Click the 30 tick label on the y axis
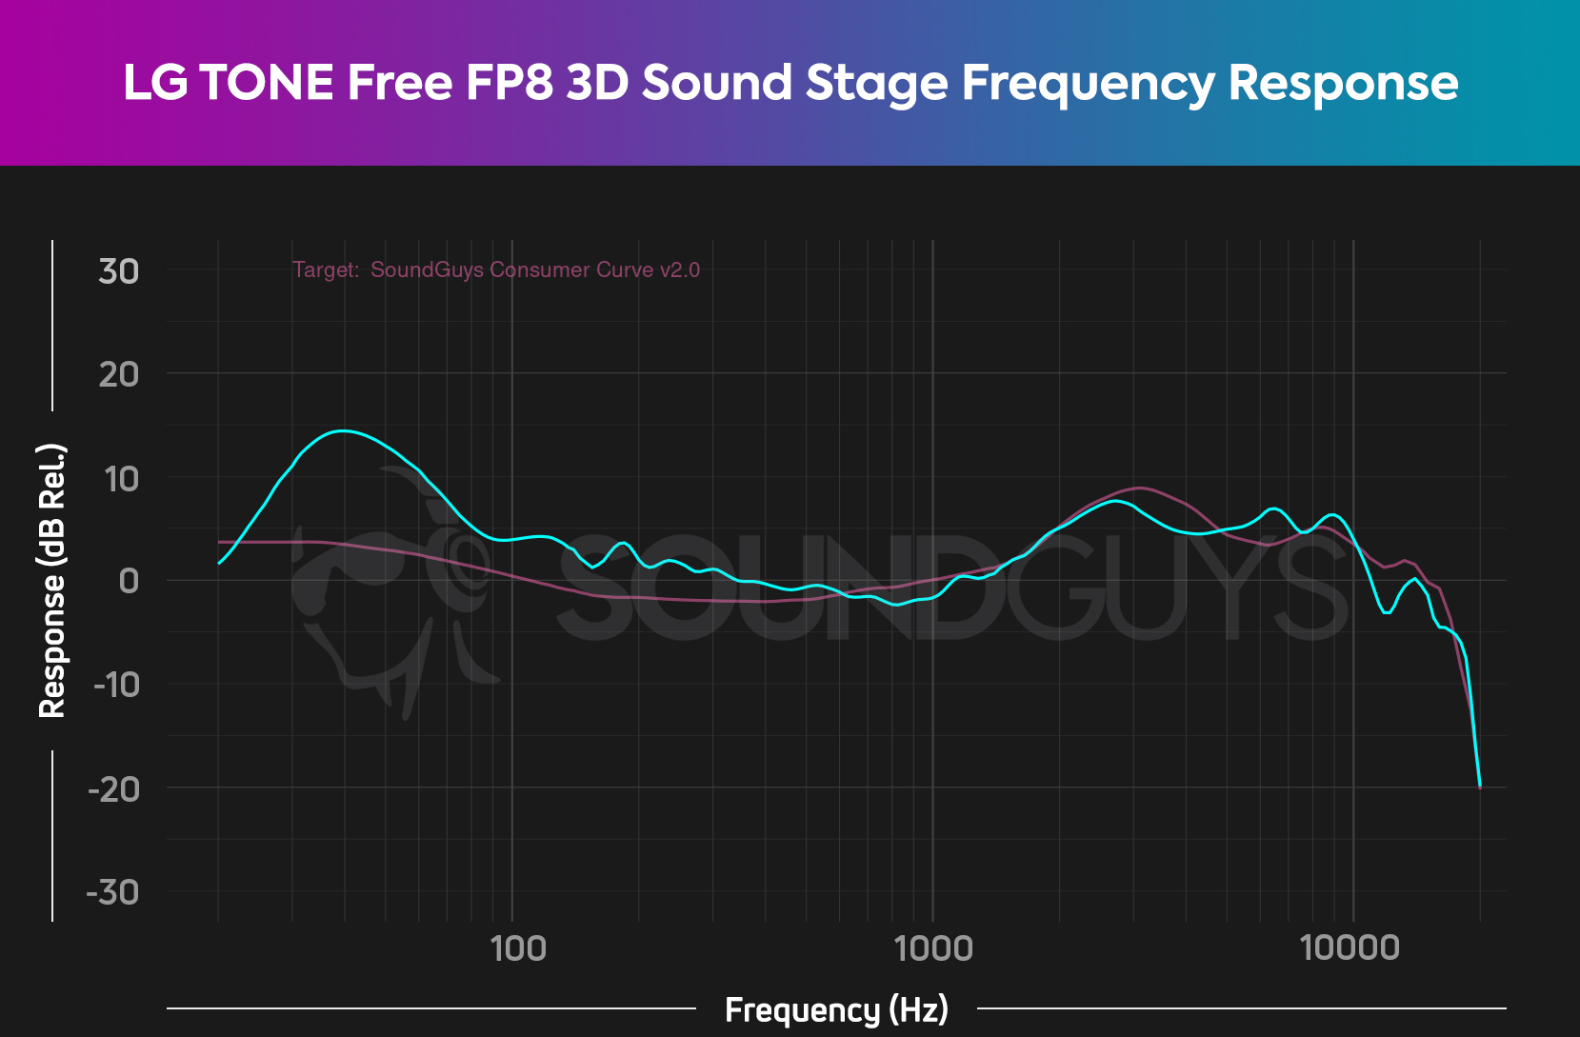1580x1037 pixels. (118, 271)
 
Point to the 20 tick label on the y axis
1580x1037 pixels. (118, 374)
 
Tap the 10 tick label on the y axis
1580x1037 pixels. (121, 478)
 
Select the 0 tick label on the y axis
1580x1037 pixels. (128, 581)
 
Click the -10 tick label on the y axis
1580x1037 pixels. (115, 684)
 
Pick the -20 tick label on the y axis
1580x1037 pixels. (113, 788)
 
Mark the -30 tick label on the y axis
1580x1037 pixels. (112, 892)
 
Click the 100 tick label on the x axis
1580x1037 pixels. (517, 948)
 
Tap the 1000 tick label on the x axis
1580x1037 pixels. (933, 948)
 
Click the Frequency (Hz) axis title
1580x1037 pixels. (836, 1009)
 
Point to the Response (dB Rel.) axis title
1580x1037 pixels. (51, 580)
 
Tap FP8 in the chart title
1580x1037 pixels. (509, 83)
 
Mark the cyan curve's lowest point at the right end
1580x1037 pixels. (1480, 787)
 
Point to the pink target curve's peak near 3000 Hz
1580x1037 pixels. (1140, 488)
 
